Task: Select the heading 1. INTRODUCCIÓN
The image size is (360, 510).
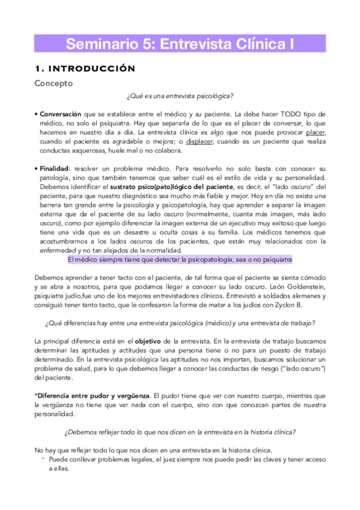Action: point(85,69)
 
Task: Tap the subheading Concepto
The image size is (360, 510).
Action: point(53,84)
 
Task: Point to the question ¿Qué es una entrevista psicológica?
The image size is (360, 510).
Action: point(180,97)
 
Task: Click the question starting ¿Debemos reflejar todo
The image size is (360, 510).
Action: point(180,432)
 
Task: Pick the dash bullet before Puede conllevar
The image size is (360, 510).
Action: point(43,458)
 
